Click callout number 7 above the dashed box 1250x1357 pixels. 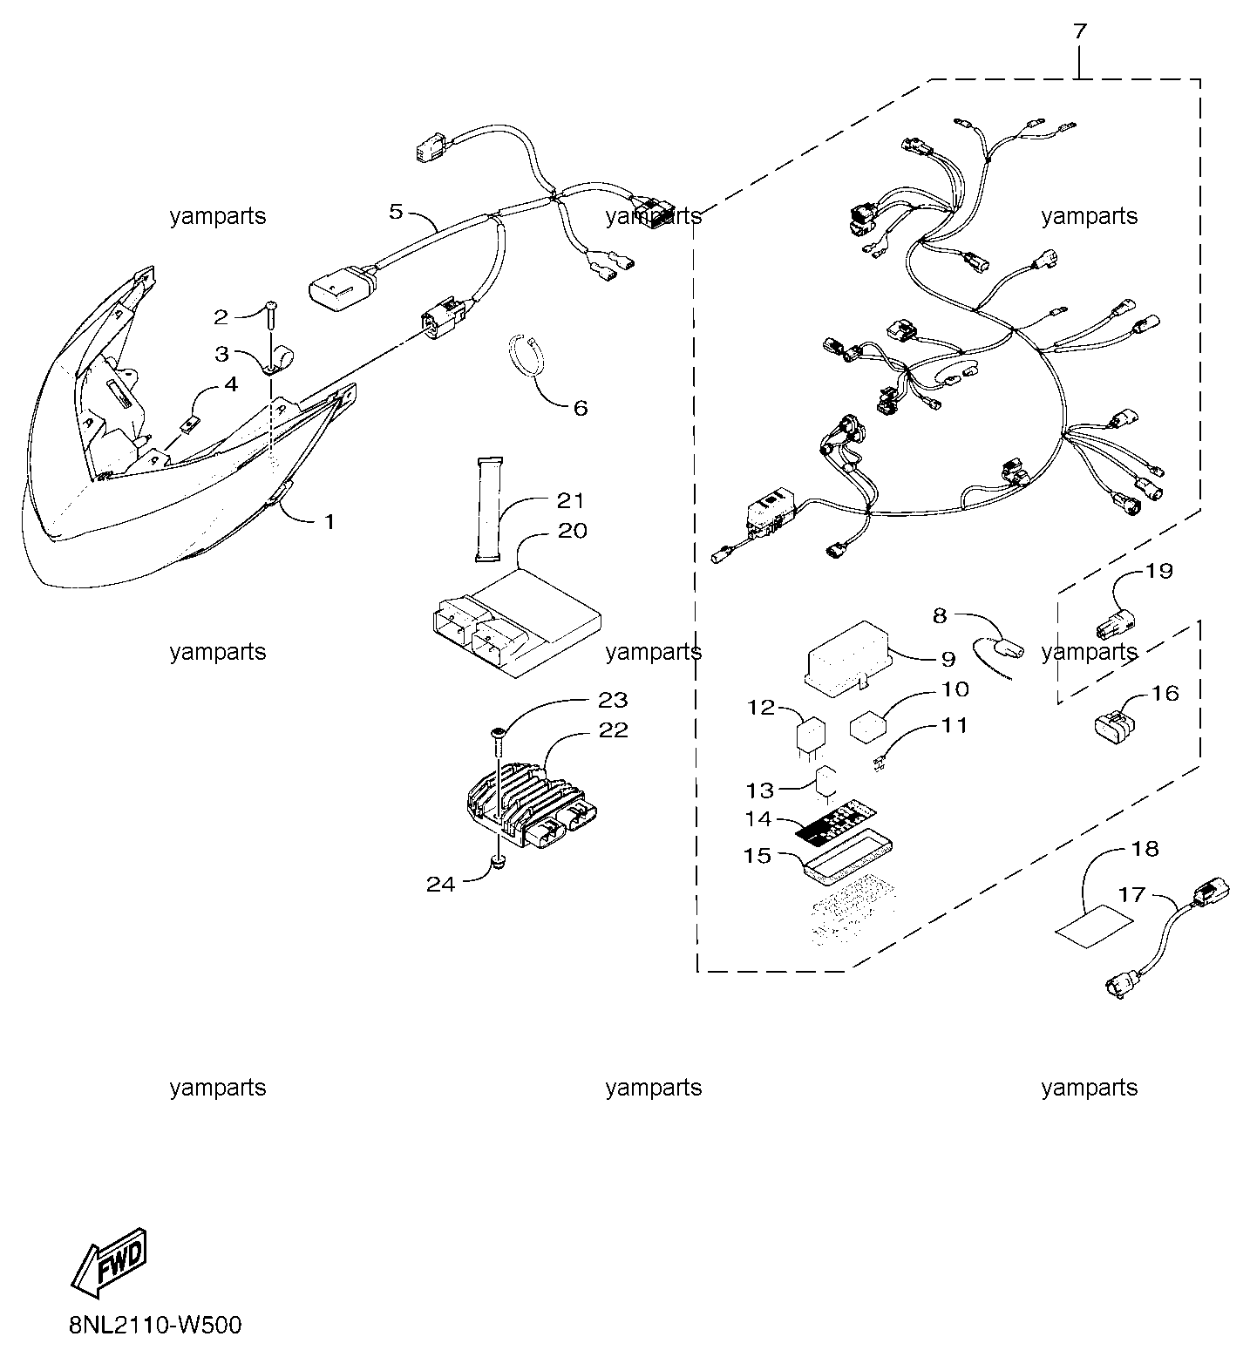[x=1079, y=31]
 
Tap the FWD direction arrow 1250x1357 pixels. [x=109, y=1258]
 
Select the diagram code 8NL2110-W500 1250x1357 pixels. [x=155, y=1326]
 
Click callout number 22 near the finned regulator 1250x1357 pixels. [x=614, y=729]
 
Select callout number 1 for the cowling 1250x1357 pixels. [x=329, y=522]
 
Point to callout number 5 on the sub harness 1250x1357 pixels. [x=397, y=211]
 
